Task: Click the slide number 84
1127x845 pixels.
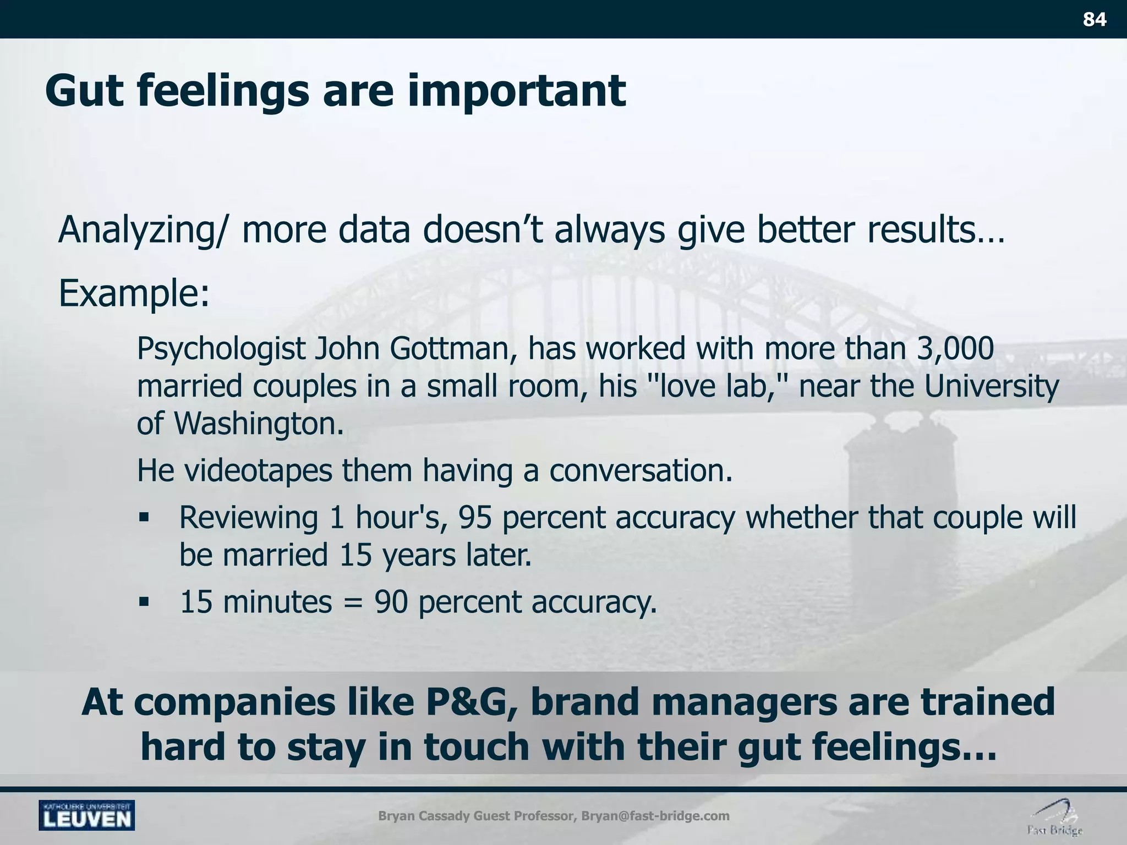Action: coord(1095,20)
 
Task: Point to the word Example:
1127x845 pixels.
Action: coord(134,293)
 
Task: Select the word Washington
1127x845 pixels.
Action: coord(259,424)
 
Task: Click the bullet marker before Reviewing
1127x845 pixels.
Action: coord(144,518)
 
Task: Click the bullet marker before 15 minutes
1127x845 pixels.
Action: coord(144,602)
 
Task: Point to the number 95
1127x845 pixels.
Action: coord(475,518)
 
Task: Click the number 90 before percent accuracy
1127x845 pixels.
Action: coord(391,602)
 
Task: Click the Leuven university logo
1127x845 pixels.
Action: coord(87,815)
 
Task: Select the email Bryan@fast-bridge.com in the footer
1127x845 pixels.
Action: coord(655,815)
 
